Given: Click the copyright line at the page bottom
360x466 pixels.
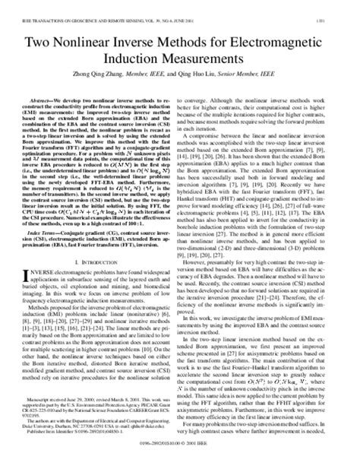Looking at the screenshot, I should (x=179, y=461).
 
